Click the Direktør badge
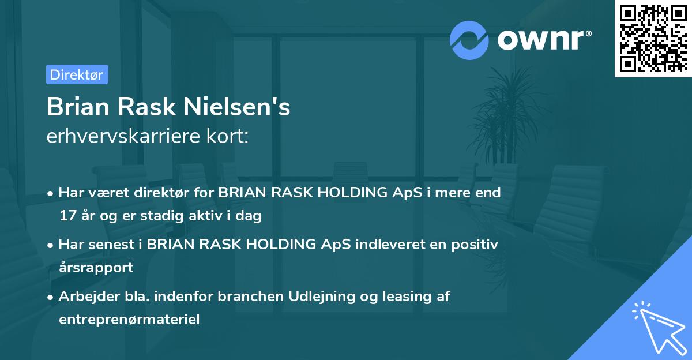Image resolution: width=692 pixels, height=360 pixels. [x=77, y=74]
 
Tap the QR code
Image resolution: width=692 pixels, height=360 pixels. [x=652, y=38]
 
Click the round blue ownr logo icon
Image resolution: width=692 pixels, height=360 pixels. [x=470, y=39]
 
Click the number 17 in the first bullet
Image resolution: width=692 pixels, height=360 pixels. [x=67, y=216]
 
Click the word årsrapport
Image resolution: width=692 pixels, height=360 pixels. [x=96, y=268]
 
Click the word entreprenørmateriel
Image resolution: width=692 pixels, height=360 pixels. [x=129, y=320]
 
